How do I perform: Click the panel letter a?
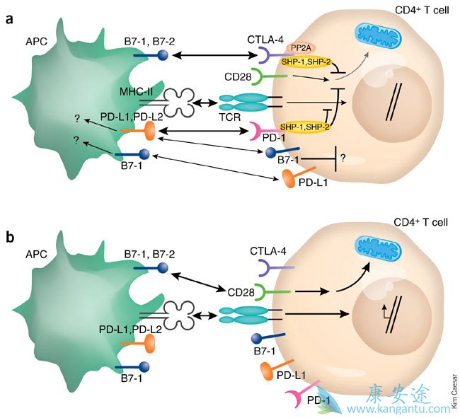coord(11,19)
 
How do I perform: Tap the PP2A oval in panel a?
coord(299,47)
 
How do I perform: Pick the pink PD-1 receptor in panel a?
coord(263,132)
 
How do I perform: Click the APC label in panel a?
coord(36,40)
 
